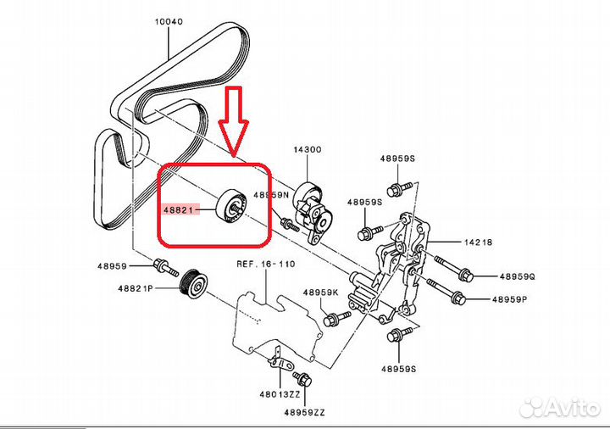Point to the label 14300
pos(308,150)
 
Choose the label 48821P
pos(136,289)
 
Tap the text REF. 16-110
pos(265,265)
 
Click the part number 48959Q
pos(518,276)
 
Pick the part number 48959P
pos(518,298)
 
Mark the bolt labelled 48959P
pos(453,297)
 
